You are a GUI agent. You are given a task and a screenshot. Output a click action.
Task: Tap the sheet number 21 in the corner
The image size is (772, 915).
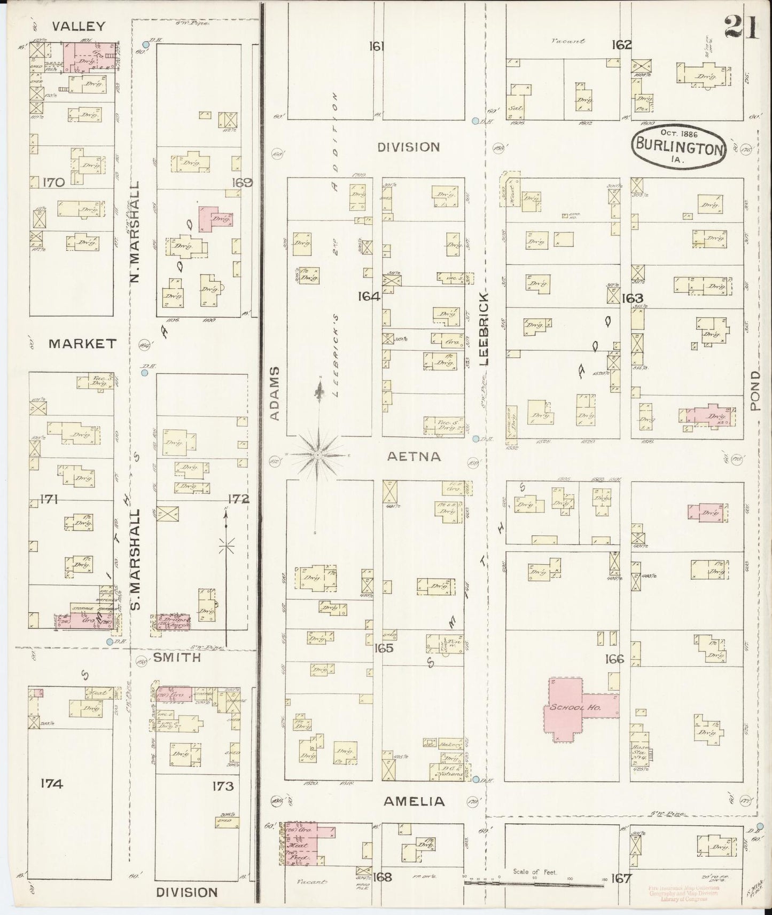[x=741, y=27]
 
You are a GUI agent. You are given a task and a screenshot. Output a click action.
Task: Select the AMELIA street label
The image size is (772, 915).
[x=414, y=801]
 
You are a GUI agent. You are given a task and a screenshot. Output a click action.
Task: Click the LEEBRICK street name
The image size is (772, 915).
[x=484, y=328]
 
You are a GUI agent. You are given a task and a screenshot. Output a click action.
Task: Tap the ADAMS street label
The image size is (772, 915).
[x=275, y=393]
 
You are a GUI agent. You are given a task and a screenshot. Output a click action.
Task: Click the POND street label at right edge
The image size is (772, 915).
[x=754, y=391]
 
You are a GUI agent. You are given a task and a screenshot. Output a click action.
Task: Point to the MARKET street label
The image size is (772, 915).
[x=82, y=343]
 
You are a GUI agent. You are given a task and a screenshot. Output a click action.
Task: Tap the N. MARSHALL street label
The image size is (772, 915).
[x=135, y=231]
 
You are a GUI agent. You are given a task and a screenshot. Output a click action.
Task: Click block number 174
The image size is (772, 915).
[x=52, y=784]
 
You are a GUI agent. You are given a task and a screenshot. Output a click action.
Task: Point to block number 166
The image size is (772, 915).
[x=614, y=659]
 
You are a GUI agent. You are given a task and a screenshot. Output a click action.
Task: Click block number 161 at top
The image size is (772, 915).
[x=377, y=46]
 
